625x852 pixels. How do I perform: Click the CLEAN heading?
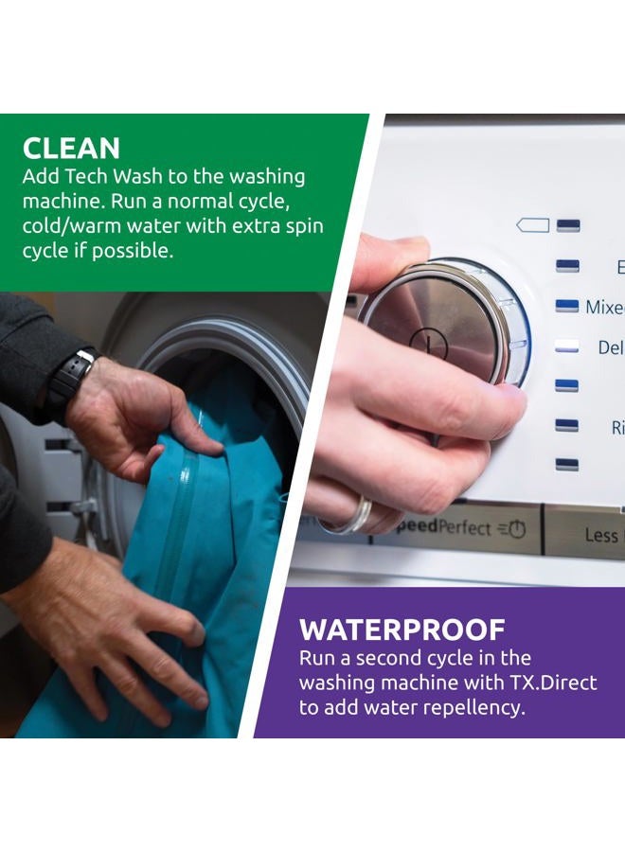[71, 148]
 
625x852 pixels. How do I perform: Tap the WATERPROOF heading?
[402, 630]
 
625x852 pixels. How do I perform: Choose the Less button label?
[600, 536]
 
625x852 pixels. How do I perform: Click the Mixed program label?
[604, 307]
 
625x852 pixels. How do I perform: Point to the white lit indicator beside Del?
[566, 346]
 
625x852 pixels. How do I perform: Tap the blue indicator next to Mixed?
[566, 306]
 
